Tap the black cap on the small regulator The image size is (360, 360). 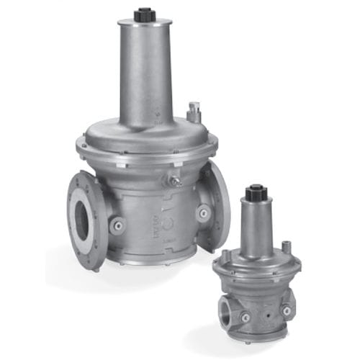pos(253,192)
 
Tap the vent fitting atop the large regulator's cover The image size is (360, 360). pos(192,112)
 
